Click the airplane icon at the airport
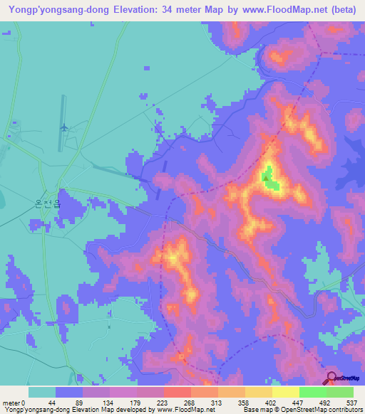[x=65, y=127]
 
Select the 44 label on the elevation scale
[x=51, y=403]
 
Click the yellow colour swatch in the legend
[x=285, y=392]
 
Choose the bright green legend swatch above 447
[x=312, y=392]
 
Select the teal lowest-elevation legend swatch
[x=41, y=392]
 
